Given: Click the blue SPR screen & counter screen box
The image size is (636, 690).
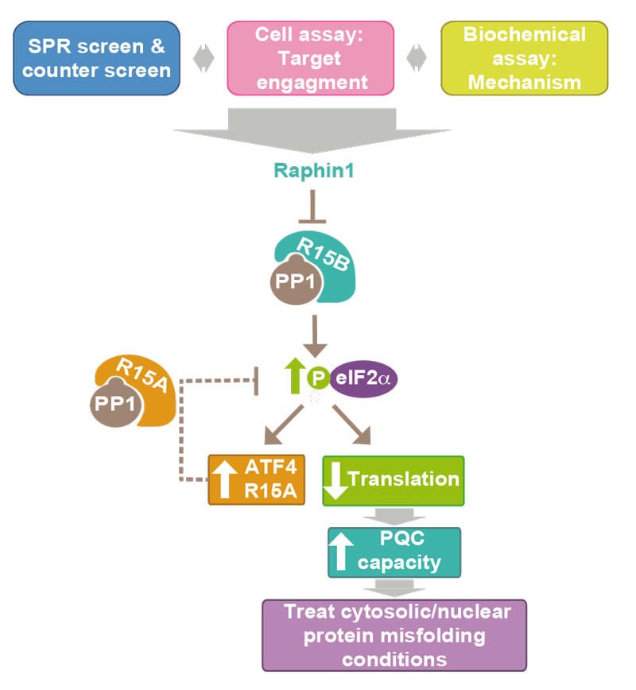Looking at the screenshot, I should coord(96,58).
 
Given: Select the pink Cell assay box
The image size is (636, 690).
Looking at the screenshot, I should coord(311,58).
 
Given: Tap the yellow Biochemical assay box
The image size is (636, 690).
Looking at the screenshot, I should coord(524,58).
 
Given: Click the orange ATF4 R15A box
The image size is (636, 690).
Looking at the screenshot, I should coord(257,479).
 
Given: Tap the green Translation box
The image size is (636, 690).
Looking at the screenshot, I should coord(393,480).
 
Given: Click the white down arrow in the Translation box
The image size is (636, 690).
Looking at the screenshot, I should coord(335,480).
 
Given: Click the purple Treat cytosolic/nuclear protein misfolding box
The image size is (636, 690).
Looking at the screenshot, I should coord(394,635).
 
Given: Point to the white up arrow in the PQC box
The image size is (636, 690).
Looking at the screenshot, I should coord(342,552).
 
